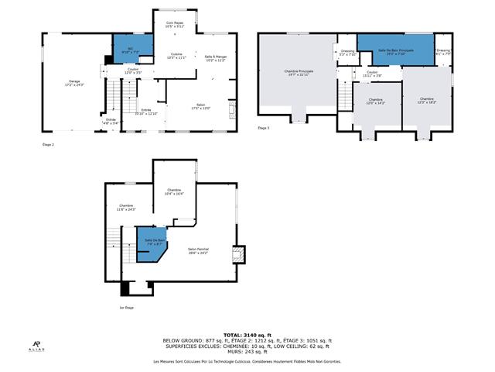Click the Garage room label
[75, 82]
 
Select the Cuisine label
[178, 56]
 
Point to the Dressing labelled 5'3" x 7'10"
[346, 53]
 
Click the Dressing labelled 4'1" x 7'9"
[443, 52]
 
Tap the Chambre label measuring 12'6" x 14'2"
[375, 101]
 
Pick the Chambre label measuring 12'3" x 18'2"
[427, 100]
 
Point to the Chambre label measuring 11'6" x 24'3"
[126, 208]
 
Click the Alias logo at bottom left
[36, 346]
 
